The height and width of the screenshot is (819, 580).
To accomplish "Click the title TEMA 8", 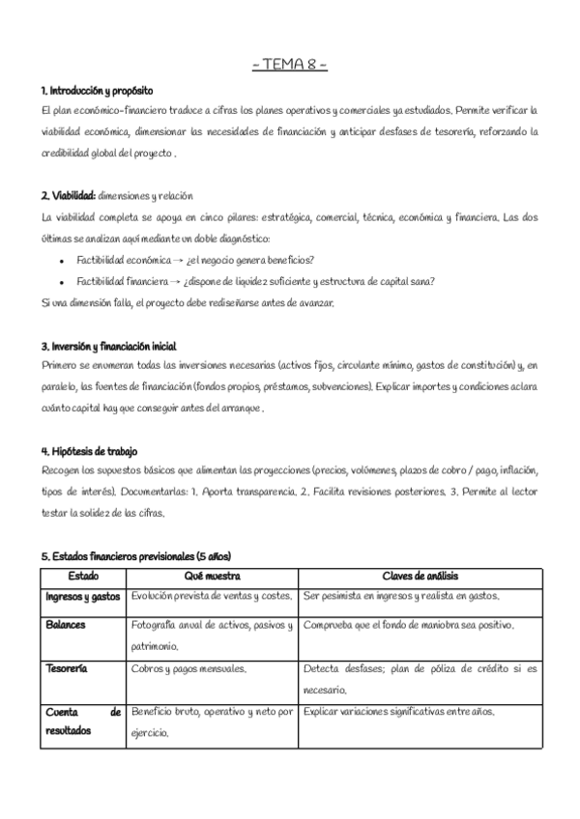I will tap(289, 66).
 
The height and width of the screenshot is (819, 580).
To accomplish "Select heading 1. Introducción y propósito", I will tap(97, 90).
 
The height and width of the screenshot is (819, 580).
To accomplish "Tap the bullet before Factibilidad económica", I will tap(62, 261).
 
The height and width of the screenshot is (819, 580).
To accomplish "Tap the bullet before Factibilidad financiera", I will tap(62, 282).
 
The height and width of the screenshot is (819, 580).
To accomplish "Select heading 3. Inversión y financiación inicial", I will tap(108, 346).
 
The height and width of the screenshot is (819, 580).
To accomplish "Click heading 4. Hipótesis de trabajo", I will tap(89, 451).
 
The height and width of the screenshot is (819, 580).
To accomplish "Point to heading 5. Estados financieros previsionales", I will tap(135, 556).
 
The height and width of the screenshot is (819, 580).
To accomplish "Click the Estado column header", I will tap(83, 576).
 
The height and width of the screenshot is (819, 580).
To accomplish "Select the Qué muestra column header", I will tap(211, 576).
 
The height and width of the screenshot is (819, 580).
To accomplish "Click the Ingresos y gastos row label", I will tap(83, 597).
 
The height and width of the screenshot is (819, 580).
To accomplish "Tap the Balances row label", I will tap(66, 625).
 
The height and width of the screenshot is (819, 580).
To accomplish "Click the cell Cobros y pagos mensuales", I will tap(188, 668).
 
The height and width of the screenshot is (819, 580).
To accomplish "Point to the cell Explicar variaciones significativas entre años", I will tap(398, 712).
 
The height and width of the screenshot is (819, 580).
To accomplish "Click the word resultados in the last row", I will tap(69, 731).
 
